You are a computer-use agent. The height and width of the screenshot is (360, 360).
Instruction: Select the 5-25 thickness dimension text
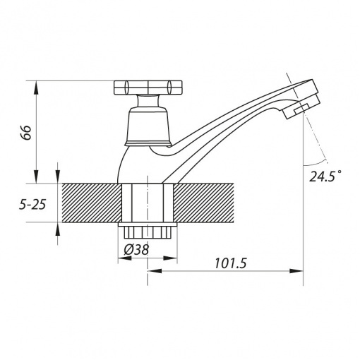click(x=32, y=205)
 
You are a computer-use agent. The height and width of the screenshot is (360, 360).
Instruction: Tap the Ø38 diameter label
click(x=136, y=249)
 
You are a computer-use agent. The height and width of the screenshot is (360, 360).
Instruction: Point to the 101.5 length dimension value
click(x=230, y=263)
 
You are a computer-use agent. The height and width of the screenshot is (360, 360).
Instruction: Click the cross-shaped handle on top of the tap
click(x=148, y=88)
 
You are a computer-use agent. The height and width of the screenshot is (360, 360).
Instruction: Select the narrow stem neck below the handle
click(x=148, y=101)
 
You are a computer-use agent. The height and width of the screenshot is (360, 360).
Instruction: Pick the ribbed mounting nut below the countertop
click(x=148, y=232)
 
